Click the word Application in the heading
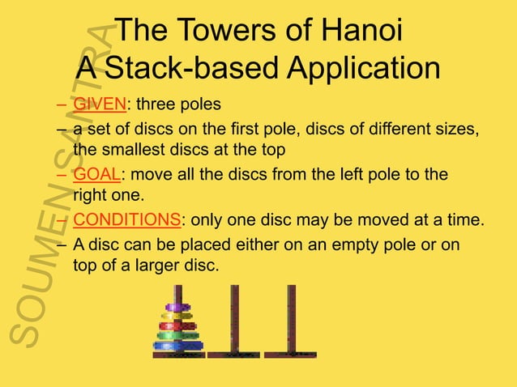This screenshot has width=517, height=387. point(365,69)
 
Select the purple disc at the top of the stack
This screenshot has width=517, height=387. point(177,308)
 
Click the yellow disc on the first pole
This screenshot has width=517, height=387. point(177,317)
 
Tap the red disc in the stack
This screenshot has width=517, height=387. point(177,325)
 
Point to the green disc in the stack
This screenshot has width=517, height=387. point(177,334)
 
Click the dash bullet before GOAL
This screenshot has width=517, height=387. point(62,175)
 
